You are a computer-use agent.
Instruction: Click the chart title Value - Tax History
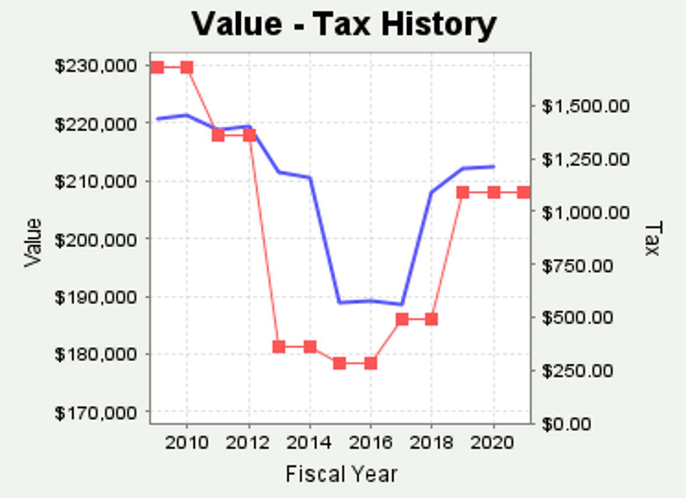click(x=343, y=24)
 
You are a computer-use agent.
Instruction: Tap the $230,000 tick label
click(x=96, y=66)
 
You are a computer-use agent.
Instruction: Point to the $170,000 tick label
click(x=96, y=413)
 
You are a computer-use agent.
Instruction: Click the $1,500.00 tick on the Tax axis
click(x=585, y=106)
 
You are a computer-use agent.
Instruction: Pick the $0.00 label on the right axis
click(x=566, y=424)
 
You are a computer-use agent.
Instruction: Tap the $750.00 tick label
click(x=577, y=266)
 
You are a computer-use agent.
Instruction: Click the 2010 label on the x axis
click(x=187, y=443)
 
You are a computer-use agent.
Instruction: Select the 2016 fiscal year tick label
click(x=370, y=443)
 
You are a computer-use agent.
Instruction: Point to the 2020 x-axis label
click(x=492, y=443)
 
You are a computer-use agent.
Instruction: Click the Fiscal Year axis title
click(x=341, y=474)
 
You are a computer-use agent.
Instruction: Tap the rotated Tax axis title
click(x=653, y=238)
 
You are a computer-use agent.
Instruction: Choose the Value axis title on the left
click(x=33, y=243)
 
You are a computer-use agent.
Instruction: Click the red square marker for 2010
click(x=187, y=67)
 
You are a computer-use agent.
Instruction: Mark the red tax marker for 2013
click(x=279, y=346)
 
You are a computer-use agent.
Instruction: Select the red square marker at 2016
click(x=371, y=363)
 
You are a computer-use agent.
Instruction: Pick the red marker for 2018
click(x=432, y=319)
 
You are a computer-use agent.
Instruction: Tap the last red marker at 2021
click(x=524, y=192)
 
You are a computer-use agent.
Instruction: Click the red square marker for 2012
click(x=250, y=135)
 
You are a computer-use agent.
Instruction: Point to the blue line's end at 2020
click(x=494, y=166)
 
